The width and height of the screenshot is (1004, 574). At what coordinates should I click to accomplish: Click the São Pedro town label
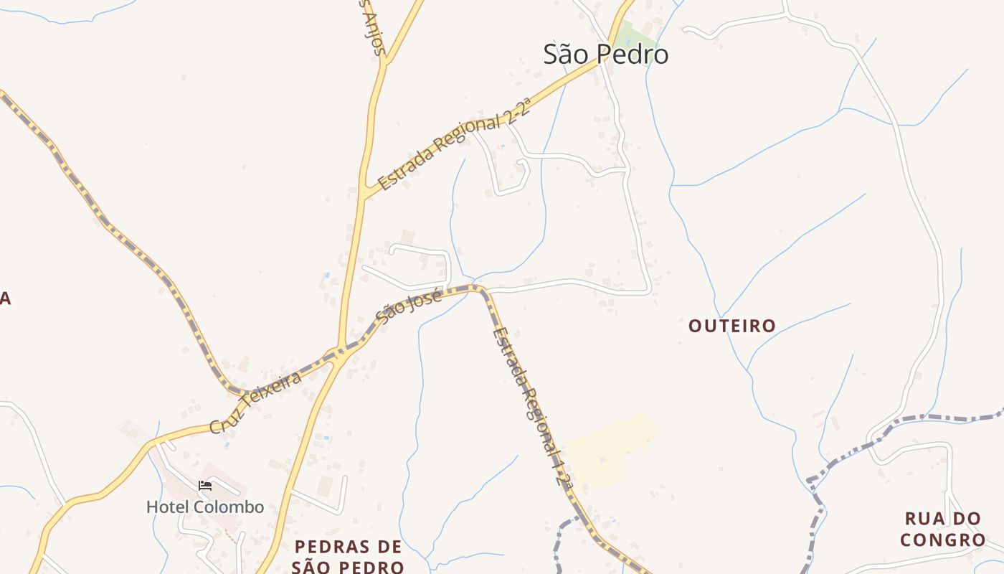tap(606, 55)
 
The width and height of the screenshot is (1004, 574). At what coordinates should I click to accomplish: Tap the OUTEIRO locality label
tap(731, 326)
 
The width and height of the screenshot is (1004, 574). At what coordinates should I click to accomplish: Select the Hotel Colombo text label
tap(205, 507)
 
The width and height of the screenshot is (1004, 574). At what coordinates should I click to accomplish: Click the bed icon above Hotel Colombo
tap(205, 486)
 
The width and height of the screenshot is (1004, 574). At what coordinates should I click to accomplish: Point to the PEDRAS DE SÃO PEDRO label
tap(348, 557)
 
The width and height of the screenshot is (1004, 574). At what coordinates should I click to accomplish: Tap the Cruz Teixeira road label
tap(255, 402)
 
